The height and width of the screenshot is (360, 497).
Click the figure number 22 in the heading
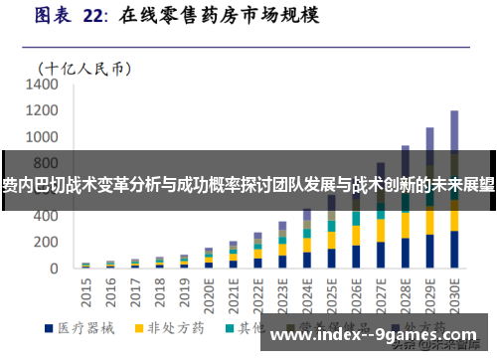click(x=93, y=17)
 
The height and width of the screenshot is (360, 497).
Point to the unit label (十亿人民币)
click(x=84, y=68)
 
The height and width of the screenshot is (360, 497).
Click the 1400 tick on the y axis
click(x=43, y=86)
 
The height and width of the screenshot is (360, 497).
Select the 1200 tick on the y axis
click(x=43, y=111)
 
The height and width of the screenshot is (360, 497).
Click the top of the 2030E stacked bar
click(x=454, y=111)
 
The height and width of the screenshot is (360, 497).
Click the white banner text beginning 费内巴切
click(x=248, y=185)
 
